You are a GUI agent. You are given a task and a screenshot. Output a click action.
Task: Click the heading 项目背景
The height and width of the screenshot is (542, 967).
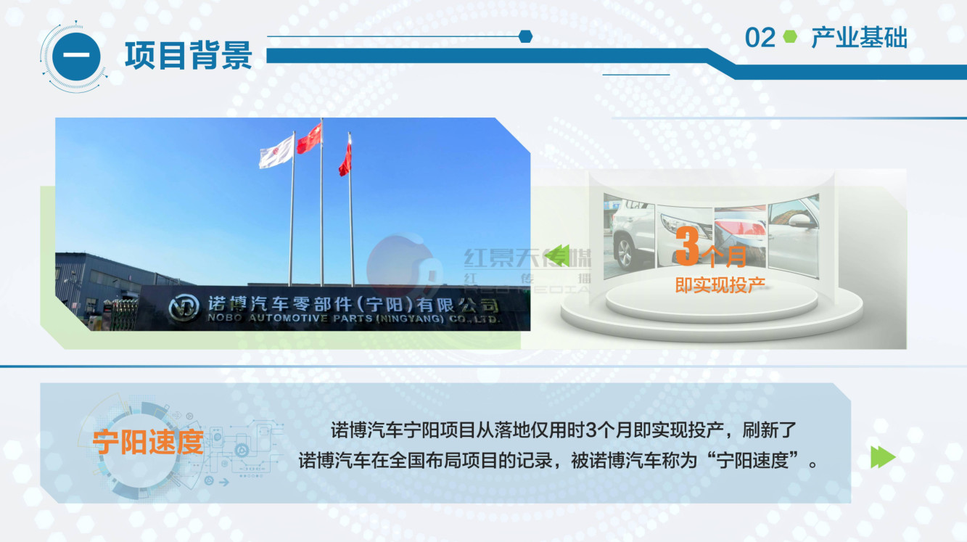coord(188,56)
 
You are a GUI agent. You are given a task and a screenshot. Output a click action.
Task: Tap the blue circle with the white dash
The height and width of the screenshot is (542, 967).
coord(76,57)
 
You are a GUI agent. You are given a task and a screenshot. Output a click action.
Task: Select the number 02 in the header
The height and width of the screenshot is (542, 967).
coord(760,38)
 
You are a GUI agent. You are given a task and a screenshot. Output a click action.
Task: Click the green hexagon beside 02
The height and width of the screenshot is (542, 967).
coord(790,37)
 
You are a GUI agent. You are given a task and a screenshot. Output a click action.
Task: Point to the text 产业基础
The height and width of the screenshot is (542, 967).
coord(859,38)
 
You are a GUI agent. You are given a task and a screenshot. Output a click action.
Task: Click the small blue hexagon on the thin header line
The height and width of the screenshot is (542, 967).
coord(525,36)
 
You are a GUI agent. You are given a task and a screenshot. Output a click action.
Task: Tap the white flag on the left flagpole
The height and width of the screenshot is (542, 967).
coord(276,152)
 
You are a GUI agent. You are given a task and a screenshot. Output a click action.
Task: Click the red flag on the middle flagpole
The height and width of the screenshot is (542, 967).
coord(309,138)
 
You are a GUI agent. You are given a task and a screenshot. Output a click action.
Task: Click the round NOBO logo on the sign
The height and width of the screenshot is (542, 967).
coord(184,307)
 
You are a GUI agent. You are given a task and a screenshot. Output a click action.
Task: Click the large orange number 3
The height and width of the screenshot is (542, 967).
coord(687,246)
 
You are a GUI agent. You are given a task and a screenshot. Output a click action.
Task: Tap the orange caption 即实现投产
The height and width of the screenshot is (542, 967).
coord(720,285)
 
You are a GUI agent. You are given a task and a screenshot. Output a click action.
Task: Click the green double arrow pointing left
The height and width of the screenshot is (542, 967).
coord(557,255)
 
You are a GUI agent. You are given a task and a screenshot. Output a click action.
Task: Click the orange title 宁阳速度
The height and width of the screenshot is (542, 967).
coord(148,442)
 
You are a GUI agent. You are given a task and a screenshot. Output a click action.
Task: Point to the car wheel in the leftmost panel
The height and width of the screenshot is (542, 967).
coord(624,253)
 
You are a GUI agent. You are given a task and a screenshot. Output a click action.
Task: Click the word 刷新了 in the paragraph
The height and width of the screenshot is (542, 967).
coord(769,430)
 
